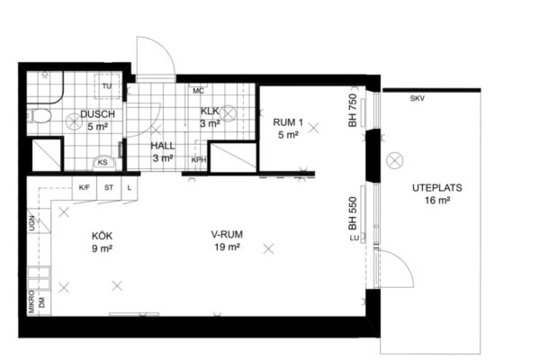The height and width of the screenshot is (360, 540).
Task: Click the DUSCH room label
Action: coord(97,114)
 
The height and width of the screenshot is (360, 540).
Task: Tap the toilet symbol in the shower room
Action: coord(39,116)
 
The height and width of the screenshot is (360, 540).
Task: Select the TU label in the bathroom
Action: coord(107,86)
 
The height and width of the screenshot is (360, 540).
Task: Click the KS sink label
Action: coord(103,162)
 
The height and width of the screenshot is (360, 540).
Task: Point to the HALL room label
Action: coord(163,146)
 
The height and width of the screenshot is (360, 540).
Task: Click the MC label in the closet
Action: coord(198,91)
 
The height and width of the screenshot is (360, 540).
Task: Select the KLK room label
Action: coord(210,111)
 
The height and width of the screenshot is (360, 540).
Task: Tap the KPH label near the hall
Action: coord(199,160)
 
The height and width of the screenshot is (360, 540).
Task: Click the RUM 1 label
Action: coord(288,122)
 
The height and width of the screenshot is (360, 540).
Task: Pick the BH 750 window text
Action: coord(353,110)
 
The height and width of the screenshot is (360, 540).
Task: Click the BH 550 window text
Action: coord(353,213)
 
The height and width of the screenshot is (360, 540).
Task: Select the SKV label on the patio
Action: coord(417,98)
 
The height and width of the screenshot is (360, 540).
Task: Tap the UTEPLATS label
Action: coord(437,188)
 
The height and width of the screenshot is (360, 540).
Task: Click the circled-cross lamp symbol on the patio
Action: coord(395,160)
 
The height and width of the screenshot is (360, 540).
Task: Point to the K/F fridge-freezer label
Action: coord(85,188)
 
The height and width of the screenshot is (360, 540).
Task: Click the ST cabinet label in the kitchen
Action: coord(109,188)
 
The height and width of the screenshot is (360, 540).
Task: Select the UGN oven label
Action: coord(32,223)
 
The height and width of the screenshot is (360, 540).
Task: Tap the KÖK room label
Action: coord(102,237)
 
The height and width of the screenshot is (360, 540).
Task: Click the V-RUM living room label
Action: coord(227,235)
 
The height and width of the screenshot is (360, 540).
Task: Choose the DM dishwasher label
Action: coord(42,303)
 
